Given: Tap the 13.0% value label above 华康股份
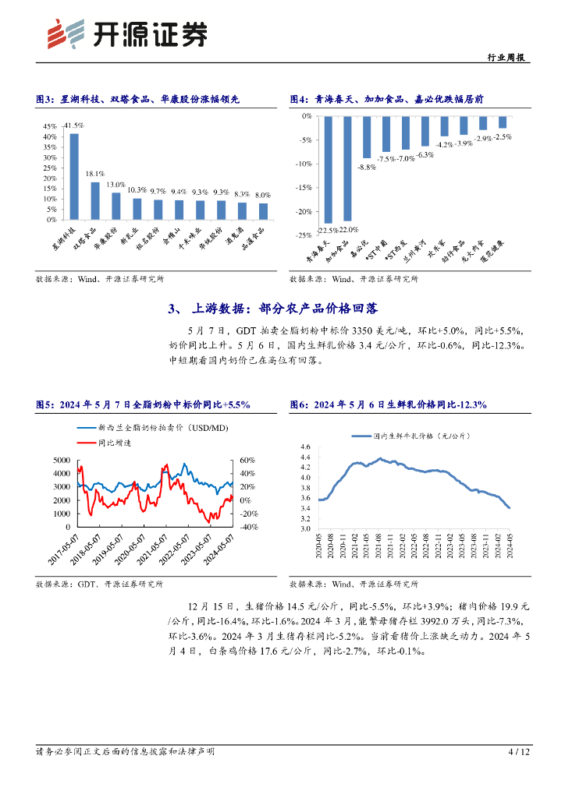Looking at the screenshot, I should [x=116, y=185].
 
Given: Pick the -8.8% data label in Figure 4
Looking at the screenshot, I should [x=367, y=167].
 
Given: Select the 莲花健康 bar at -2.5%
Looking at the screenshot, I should [x=503, y=122].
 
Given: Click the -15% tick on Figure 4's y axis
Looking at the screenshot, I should [x=302, y=187].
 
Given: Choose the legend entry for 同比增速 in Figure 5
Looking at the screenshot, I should [x=108, y=442].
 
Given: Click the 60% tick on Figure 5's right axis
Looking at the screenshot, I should [x=247, y=461].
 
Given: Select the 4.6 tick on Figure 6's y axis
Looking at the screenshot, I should [x=304, y=447].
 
